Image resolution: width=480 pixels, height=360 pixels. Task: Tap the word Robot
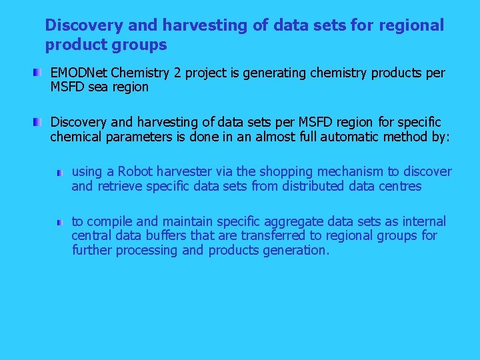[136, 172]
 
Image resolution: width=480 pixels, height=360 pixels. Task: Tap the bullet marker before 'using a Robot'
[60, 172]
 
